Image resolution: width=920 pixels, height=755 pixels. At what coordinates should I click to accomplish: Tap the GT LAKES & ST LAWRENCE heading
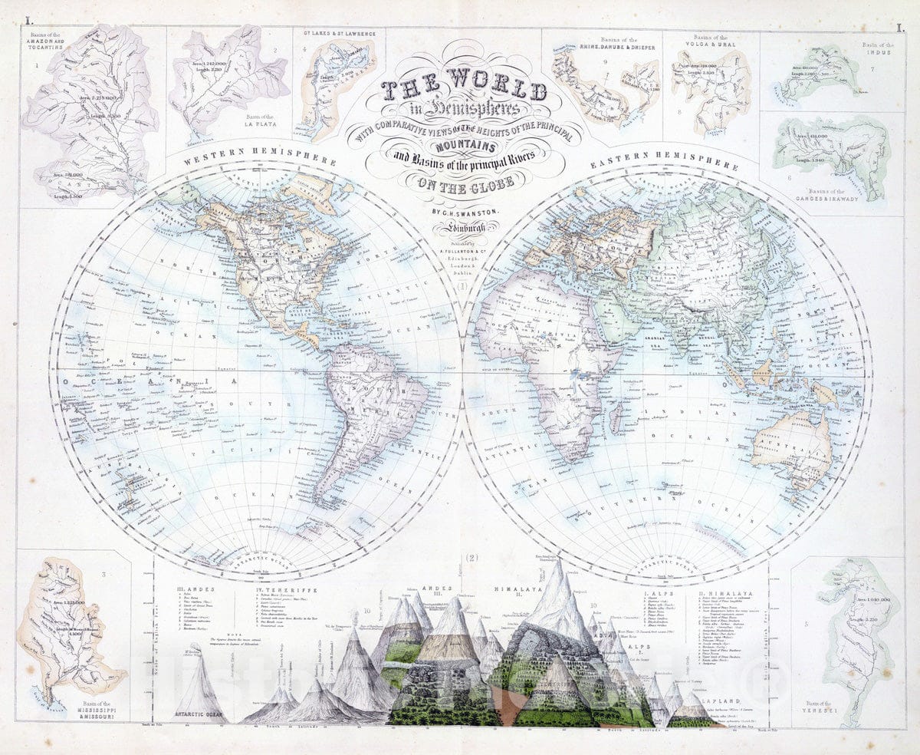pos(339,33)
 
